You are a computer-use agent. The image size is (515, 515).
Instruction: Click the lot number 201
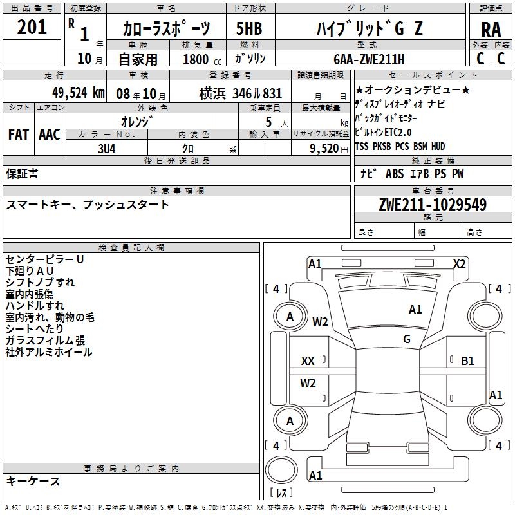(32, 28)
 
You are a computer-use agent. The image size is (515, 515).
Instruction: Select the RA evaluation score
(491, 30)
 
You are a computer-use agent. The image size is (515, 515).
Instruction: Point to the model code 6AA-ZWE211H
(368, 59)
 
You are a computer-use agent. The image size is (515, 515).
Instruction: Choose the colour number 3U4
(106, 147)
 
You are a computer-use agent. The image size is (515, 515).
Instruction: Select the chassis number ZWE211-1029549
(433, 205)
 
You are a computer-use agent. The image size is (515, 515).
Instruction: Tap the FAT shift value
(19, 134)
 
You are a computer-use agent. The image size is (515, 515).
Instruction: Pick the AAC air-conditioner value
(50, 134)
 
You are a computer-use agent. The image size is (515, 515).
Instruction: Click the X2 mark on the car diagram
(459, 263)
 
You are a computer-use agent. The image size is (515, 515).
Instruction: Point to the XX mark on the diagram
(308, 361)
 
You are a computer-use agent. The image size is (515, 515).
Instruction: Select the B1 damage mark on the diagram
(467, 361)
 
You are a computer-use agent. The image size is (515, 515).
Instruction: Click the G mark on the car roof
(407, 339)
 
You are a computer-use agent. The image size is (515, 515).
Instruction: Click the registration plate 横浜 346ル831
(240, 93)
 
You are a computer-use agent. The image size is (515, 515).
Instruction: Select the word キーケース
(33, 481)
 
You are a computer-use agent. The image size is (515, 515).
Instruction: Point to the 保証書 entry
(22, 174)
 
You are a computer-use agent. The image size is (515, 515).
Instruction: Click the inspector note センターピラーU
(44, 259)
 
